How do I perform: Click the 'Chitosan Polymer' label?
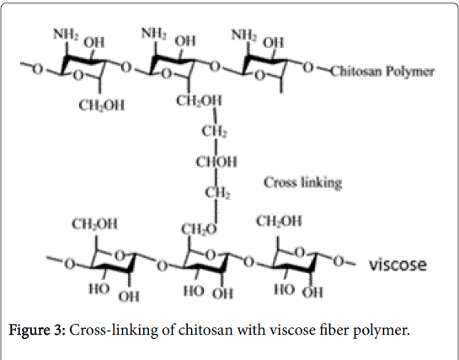(382, 72)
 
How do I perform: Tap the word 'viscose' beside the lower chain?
(398, 265)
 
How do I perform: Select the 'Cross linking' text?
(303, 183)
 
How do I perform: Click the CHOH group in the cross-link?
(216, 162)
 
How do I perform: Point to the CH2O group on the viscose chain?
(199, 229)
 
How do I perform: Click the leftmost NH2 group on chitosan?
(67, 35)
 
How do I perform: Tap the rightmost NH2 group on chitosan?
(244, 35)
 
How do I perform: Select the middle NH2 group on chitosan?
(154, 33)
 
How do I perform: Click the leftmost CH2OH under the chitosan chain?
(102, 105)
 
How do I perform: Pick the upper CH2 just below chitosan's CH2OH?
(214, 131)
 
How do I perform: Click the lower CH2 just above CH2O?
(217, 193)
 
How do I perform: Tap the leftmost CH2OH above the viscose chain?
(95, 224)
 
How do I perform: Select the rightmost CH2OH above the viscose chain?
(279, 221)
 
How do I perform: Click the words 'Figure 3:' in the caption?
(36, 330)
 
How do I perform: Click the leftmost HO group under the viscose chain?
(99, 289)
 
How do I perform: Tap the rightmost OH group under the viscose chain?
(312, 293)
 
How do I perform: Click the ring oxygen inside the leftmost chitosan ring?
(77, 76)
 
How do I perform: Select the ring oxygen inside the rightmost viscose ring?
(299, 252)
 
